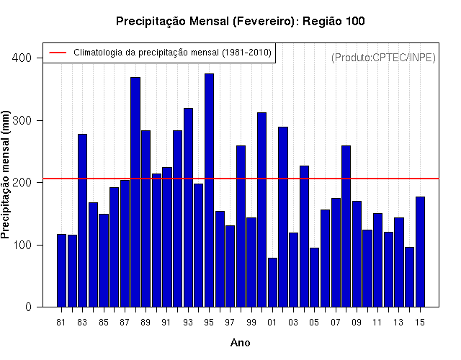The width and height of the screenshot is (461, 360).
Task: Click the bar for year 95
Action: [x=209, y=190]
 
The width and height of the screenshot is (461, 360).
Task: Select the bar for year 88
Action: [x=135, y=192]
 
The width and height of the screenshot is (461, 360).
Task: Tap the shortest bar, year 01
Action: [x=272, y=282]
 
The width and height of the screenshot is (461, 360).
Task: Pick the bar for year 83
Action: [x=83, y=220]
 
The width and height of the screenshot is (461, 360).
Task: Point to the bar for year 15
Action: [x=420, y=252]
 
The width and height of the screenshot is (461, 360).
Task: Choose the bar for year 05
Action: [x=315, y=277]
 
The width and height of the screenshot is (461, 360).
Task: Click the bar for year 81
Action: [x=61, y=271]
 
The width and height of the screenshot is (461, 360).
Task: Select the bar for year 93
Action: [x=188, y=207]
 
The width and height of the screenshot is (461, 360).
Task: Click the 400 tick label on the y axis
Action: [x=22, y=58]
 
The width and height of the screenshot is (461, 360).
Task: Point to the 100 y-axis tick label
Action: [x=22, y=245]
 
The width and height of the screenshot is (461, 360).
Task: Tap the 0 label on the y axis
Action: [x=28, y=307]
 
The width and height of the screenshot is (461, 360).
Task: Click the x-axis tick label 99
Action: [x=251, y=323]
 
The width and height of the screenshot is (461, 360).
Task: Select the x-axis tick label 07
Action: [x=336, y=323]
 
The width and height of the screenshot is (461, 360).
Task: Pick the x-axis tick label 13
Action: [x=398, y=323]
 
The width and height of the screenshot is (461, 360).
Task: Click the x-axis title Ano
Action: [x=240, y=343]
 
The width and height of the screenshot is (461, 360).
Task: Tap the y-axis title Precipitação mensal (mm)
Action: [x=5, y=175]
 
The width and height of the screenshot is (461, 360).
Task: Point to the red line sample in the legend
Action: [x=58, y=53]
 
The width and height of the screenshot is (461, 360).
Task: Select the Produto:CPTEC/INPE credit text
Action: [x=383, y=58]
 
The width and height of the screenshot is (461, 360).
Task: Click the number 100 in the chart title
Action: [x=355, y=21]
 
